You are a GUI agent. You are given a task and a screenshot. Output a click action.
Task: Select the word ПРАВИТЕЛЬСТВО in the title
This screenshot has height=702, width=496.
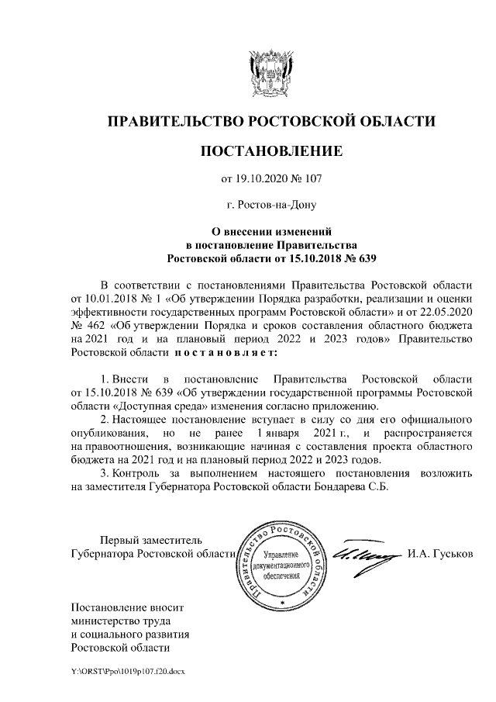171,121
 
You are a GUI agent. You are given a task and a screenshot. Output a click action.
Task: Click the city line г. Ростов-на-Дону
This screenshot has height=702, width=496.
270,206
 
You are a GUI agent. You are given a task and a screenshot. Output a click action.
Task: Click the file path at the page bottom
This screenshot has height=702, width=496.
124,668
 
